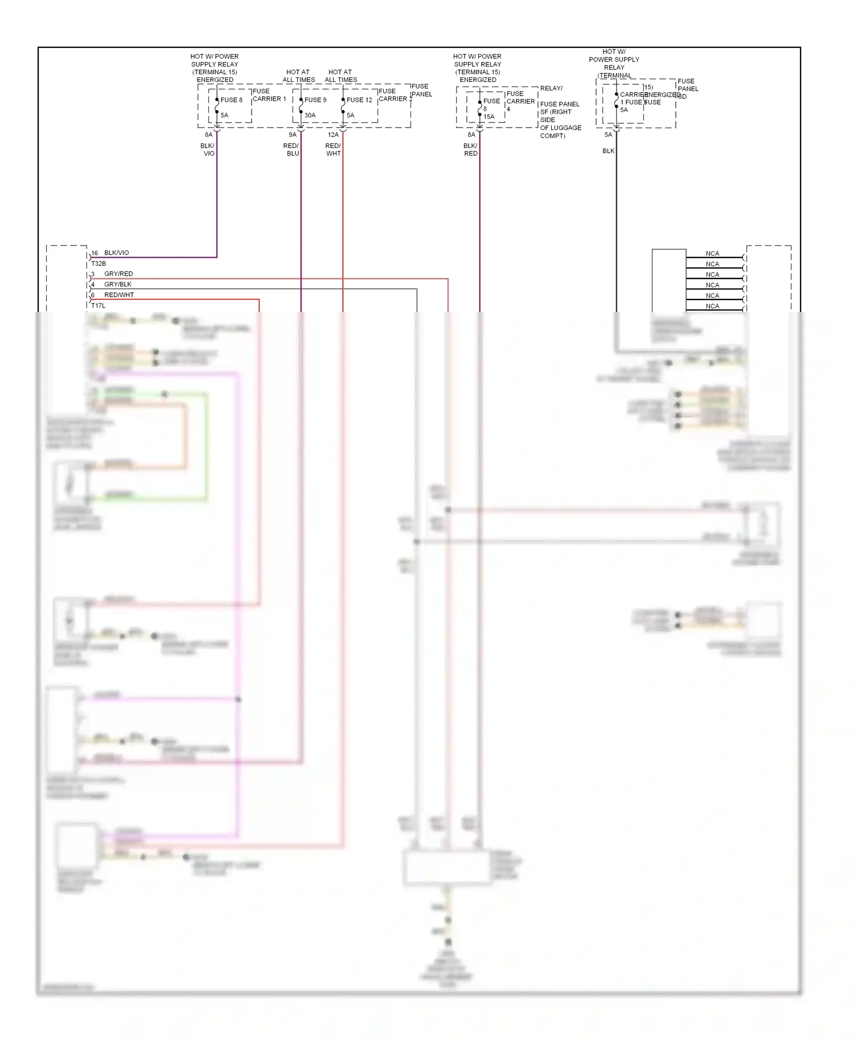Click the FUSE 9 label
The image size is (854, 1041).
click(315, 100)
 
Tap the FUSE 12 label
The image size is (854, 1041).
click(359, 100)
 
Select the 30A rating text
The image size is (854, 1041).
click(310, 115)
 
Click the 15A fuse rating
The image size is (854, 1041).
click(488, 117)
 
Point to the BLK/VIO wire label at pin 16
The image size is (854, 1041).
click(116, 253)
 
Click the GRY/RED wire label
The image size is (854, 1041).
click(118, 274)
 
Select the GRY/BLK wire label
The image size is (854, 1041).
click(118, 284)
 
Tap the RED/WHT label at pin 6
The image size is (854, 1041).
click(119, 295)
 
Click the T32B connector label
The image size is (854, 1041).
click(98, 264)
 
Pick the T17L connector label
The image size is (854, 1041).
click(98, 306)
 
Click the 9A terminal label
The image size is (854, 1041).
click(293, 135)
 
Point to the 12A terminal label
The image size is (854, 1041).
click(333, 135)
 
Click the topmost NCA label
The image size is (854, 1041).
click(712, 254)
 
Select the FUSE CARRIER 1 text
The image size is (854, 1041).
click(269, 95)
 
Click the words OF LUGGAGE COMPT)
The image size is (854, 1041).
click(560, 132)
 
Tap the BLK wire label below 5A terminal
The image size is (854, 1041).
click(608, 151)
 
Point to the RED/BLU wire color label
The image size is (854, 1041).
click(291, 150)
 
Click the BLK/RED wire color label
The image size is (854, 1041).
click(470, 150)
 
